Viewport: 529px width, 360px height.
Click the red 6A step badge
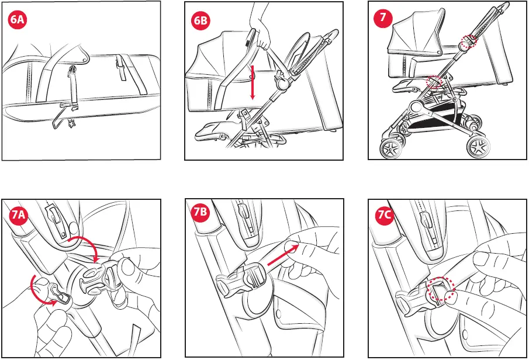[x=17, y=19]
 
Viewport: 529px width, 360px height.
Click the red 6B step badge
[x=200, y=20]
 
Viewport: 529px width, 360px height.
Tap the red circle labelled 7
[x=383, y=18]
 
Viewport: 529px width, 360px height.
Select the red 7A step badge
[x=18, y=214]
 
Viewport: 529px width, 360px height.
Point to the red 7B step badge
[x=200, y=213]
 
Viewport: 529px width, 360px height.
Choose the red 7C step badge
[x=384, y=214]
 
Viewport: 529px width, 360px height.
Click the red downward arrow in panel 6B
[x=253, y=82]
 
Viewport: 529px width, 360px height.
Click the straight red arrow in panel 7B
[x=283, y=255]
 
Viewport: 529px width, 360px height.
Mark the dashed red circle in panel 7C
[x=441, y=289]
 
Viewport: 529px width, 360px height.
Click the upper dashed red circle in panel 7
[x=469, y=41]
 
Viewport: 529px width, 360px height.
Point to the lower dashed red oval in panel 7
[x=434, y=82]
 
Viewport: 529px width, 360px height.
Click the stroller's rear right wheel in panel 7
[x=479, y=147]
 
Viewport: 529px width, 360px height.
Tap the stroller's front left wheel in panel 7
[x=391, y=148]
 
